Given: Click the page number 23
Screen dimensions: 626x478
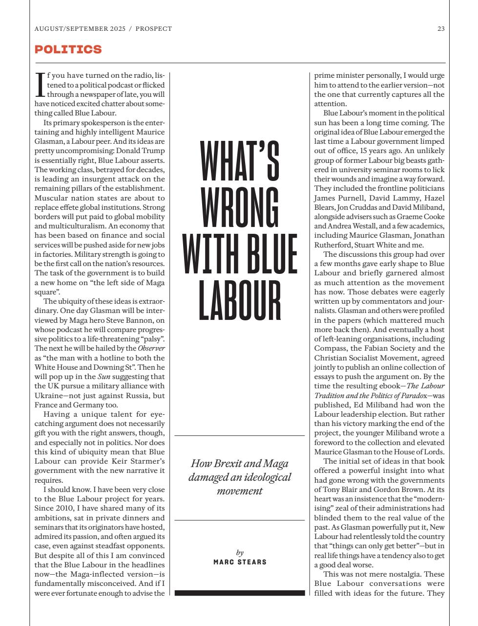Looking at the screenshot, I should point(441,29).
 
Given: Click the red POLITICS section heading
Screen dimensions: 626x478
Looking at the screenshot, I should point(68,49).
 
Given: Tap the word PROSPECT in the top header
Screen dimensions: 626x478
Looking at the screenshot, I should point(154,29).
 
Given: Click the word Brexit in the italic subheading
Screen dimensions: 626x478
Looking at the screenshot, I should point(227,463).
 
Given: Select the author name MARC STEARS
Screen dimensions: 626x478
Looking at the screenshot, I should point(240,562).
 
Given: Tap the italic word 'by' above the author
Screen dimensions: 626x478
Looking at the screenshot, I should point(240,553).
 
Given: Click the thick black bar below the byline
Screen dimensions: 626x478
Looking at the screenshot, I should point(240,593).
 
